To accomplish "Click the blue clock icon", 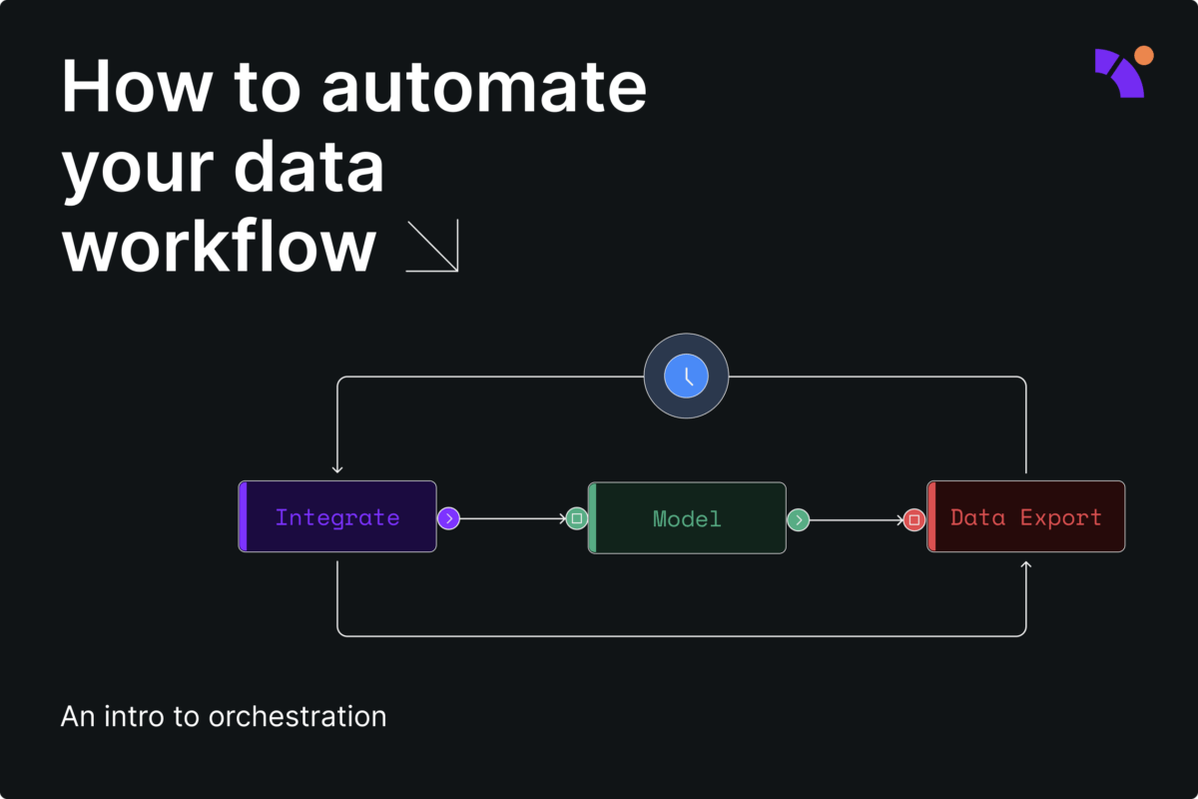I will tap(687, 377).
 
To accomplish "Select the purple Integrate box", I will tap(337, 517).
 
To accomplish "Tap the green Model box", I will tap(687, 518).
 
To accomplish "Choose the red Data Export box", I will tap(1026, 517).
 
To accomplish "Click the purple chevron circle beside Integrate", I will tap(449, 518).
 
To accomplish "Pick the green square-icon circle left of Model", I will tap(576, 518).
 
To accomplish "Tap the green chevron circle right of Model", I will tap(798, 519).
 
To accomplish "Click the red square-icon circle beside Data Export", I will tap(913, 519).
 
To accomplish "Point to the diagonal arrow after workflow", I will tap(432, 246).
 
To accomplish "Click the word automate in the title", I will tap(484, 88).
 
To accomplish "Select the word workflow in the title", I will tap(220, 246).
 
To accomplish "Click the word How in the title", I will tap(137, 88).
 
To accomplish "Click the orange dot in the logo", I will tap(1144, 56).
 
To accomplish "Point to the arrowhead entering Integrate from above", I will tap(337, 468).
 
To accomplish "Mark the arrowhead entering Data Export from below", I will tap(1026, 566).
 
